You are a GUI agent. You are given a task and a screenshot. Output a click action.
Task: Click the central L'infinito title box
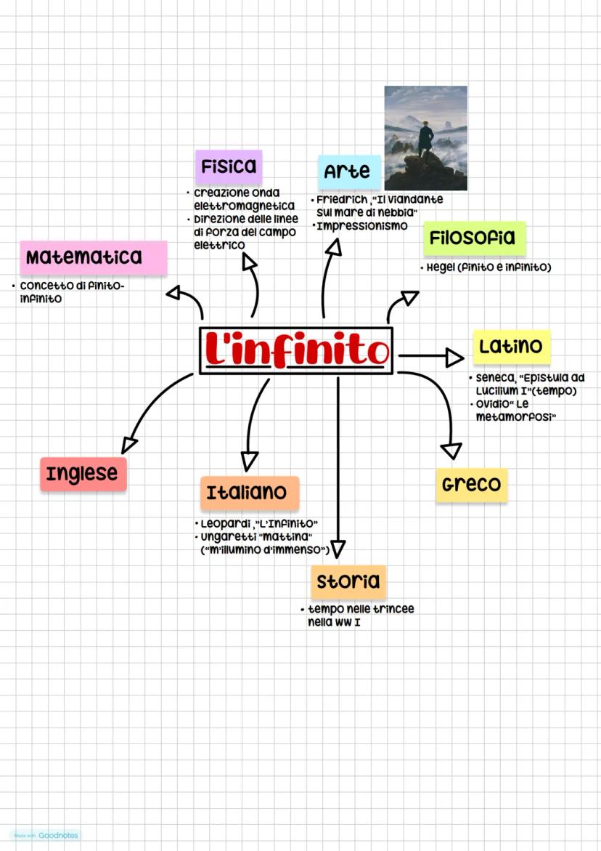click(296, 350)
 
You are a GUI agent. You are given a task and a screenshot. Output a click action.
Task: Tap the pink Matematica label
click(94, 258)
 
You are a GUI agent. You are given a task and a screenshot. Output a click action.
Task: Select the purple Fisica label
click(229, 166)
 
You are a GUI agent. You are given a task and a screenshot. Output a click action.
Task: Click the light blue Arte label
click(349, 172)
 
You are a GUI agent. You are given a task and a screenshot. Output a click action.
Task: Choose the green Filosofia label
click(475, 238)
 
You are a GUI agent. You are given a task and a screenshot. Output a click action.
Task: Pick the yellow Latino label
click(512, 346)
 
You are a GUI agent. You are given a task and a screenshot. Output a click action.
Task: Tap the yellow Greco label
click(472, 485)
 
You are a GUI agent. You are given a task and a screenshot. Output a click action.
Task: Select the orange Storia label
click(348, 581)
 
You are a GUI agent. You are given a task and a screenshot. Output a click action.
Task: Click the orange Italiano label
click(249, 493)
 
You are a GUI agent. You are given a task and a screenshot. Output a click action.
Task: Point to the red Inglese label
click(83, 474)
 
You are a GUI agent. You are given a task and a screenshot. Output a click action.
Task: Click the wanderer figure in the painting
click(425, 140)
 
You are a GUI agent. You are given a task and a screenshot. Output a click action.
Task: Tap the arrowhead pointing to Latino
click(454, 357)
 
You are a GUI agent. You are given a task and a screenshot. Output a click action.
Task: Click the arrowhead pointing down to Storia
click(338, 549)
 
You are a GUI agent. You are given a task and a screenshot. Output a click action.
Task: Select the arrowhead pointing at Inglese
click(128, 445)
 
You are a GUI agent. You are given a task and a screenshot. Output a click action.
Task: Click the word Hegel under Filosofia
click(441, 267)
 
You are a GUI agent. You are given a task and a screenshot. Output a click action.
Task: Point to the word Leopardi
click(226, 524)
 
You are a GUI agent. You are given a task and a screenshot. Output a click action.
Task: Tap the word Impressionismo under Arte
click(362, 226)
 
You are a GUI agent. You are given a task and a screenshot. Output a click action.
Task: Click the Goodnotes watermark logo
click(46, 835)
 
